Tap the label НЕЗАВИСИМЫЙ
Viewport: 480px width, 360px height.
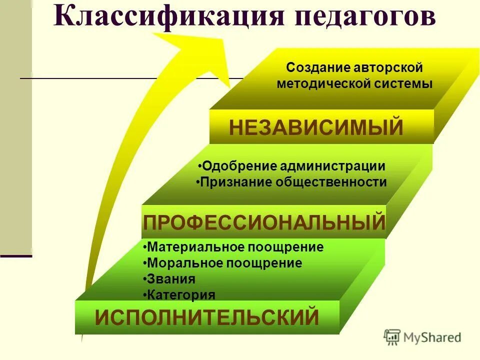[x=316, y=127]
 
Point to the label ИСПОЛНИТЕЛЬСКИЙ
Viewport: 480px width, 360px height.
[x=207, y=317]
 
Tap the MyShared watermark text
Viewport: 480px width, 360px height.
[x=433, y=337]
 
